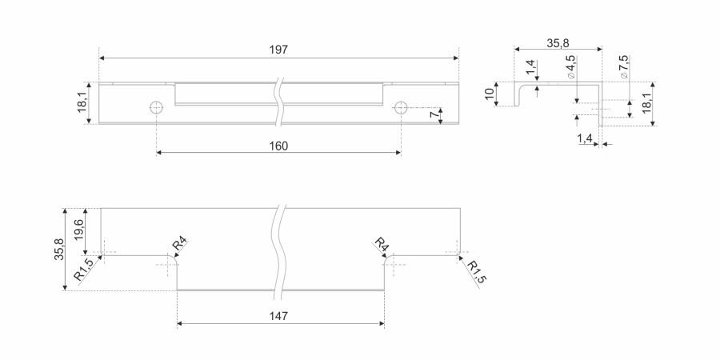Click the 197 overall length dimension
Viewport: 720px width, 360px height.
point(278,50)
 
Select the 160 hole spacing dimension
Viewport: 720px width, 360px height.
point(278,146)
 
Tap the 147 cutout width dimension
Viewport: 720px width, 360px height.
point(278,316)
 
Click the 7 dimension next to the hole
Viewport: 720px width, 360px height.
point(434,114)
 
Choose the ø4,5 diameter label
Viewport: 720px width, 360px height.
point(570,67)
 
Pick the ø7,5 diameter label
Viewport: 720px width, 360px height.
point(623,67)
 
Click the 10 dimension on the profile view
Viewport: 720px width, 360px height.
point(490,94)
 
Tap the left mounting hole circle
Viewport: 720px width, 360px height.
point(156,108)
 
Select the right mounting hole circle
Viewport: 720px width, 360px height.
point(401,108)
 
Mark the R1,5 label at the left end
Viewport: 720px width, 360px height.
point(84,269)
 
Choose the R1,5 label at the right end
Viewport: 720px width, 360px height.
point(476,272)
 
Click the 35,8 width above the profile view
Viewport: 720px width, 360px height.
point(558,43)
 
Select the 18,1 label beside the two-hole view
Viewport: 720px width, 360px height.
point(82,102)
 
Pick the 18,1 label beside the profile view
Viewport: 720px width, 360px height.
point(646,103)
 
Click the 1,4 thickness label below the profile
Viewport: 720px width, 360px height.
point(585,138)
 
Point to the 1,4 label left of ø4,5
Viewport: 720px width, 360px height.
point(531,67)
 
